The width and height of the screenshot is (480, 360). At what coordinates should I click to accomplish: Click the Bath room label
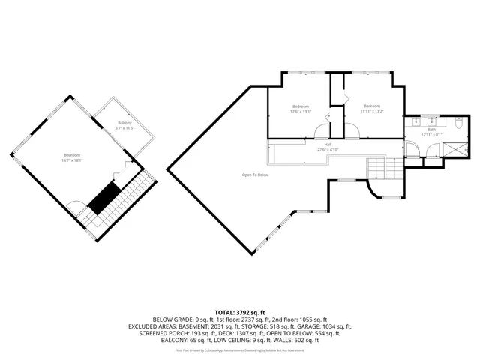[431, 129]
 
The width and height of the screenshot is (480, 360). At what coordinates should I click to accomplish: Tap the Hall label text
[328, 144]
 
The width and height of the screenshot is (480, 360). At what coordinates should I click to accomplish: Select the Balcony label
[124, 122]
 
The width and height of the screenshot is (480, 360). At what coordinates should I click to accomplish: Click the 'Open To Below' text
[255, 175]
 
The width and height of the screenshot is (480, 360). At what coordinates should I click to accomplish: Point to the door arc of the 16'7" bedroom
[75, 206]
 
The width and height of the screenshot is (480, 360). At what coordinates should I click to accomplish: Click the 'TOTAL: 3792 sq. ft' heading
[240, 311]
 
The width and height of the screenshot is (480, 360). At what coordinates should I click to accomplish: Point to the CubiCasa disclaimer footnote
[240, 349]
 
